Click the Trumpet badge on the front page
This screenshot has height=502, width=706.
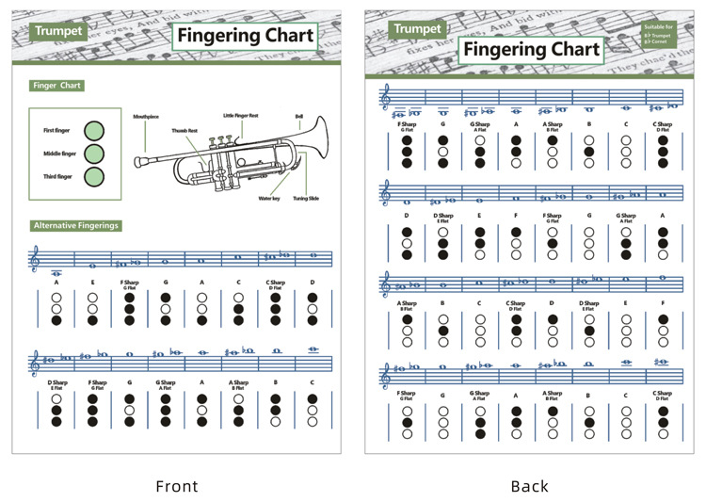pos(58,31)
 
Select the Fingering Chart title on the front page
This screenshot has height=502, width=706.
pos(244,37)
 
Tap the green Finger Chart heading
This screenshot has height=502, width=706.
pos(57,86)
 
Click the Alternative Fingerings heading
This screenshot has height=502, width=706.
pos(75,226)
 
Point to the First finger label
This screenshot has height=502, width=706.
pos(57,131)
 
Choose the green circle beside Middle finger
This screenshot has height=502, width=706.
pos(94,154)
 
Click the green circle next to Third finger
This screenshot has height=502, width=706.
pos(94,176)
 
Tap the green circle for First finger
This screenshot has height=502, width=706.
pos(94,131)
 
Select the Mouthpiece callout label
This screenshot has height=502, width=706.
pos(147,116)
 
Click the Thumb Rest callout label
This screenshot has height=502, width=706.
pos(185,130)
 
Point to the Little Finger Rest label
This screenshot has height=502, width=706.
pos(240,115)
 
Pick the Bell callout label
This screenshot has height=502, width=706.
pos(298,116)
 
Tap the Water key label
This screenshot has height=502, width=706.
pos(269,199)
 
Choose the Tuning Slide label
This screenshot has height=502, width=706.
pos(306,199)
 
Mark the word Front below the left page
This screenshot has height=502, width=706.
pos(177,486)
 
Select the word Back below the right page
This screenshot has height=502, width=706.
pos(529,486)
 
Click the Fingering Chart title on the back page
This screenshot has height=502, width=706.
pos(532,50)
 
